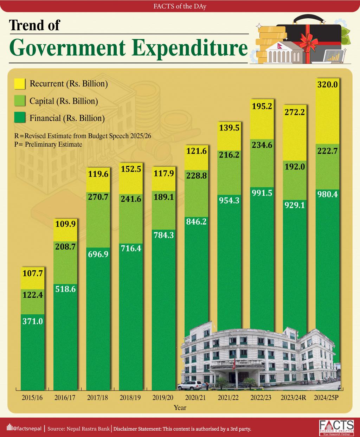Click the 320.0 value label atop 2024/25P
327,84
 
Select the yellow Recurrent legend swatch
20,84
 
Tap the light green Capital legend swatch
20,101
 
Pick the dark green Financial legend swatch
20,118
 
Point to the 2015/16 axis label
32,398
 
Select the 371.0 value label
32,321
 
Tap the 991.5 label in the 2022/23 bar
262,193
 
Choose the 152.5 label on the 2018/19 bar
130,169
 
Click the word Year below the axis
180,408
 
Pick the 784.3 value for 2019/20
163,235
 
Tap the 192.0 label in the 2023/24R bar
295,167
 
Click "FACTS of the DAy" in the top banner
180,6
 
